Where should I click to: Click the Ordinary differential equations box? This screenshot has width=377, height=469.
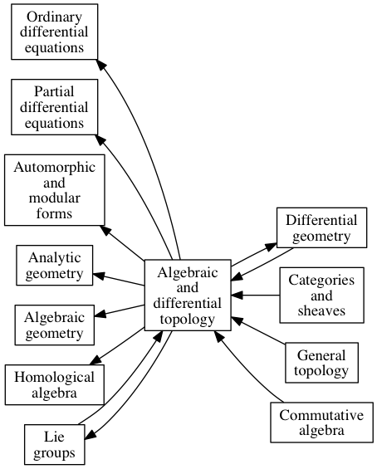[x=55, y=32]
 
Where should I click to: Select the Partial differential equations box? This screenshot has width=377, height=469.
[x=55, y=107]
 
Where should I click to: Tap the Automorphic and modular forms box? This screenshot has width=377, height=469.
[x=55, y=190]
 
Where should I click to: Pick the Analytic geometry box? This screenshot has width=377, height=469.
[x=55, y=266]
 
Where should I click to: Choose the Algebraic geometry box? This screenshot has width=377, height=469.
[x=55, y=325]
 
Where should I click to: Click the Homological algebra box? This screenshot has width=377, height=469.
[x=55, y=384]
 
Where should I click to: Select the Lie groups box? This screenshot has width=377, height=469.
[x=55, y=444]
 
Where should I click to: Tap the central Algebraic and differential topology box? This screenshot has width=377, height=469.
[x=188, y=296]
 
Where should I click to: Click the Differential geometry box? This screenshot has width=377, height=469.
[x=321, y=227]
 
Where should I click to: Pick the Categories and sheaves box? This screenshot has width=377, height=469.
[x=321, y=296]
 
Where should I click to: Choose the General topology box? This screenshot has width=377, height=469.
[x=321, y=363]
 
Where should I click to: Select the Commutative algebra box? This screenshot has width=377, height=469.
[x=321, y=423]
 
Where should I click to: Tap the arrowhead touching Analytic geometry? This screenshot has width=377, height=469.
[x=99, y=276]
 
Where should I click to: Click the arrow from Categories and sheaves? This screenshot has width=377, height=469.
[x=256, y=296]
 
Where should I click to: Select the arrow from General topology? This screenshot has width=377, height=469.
[x=259, y=331]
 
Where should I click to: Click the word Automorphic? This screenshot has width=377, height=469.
[x=55, y=168]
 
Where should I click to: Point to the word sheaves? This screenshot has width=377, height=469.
[x=321, y=310]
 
